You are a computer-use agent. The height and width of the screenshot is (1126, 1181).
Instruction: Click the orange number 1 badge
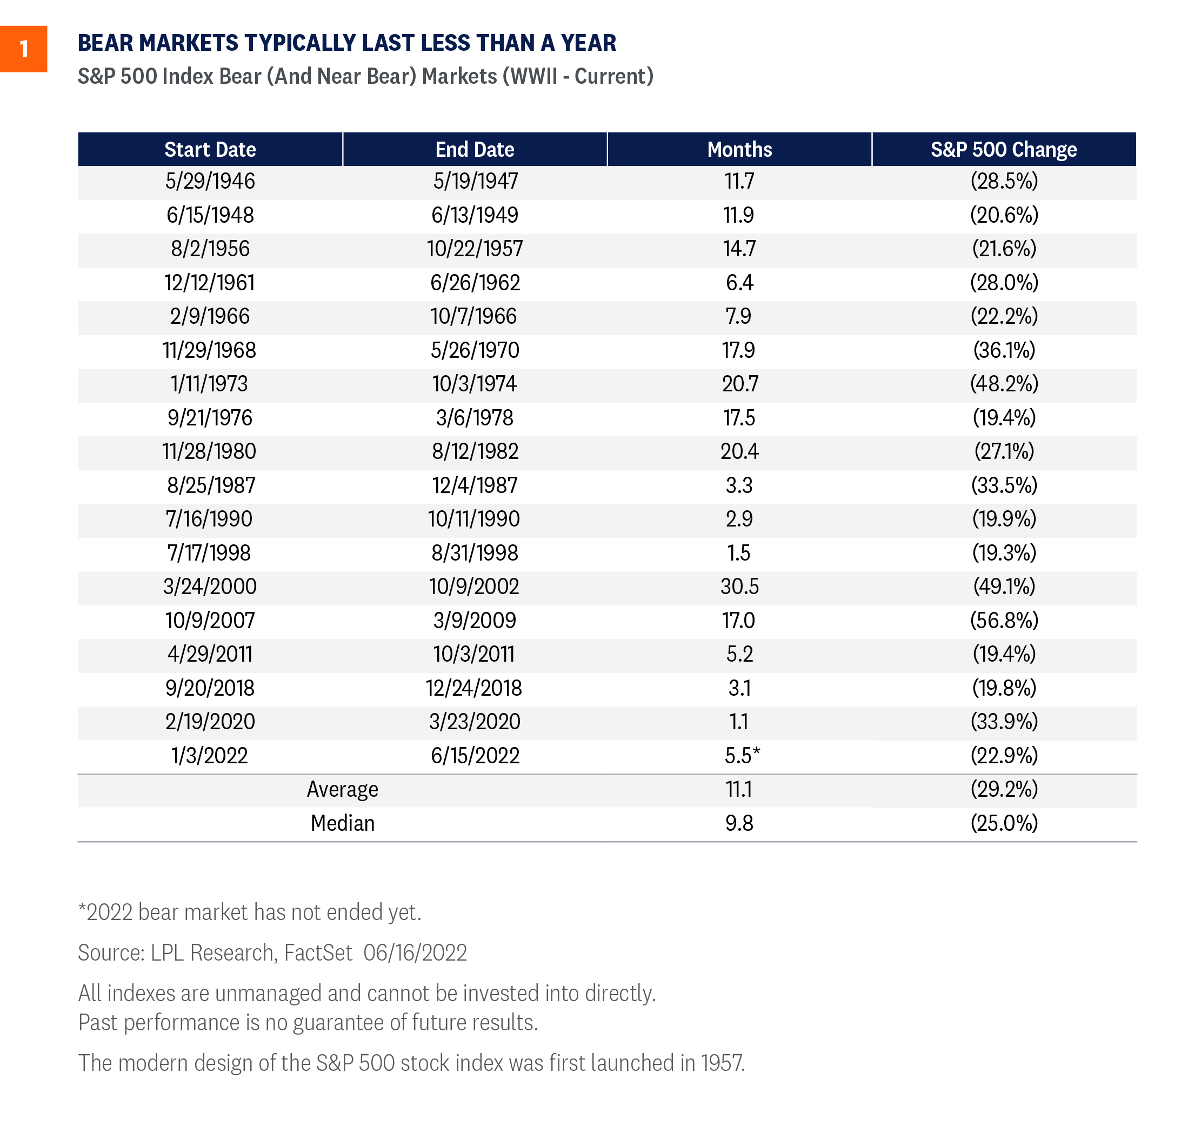[x=23, y=49]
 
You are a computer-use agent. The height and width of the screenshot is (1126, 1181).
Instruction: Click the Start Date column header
[x=210, y=149]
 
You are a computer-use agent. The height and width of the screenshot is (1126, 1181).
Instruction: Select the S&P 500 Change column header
[x=1004, y=149]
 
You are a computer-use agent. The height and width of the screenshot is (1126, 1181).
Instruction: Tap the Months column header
[x=739, y=149]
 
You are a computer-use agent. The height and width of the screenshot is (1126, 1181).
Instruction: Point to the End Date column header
[x=475, y=149]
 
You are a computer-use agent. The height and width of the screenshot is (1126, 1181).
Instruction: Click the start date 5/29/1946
[x=210, y=181]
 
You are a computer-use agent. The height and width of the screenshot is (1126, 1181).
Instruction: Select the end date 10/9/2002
[x=474, y=587]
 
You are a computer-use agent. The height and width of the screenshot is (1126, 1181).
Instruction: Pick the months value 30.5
[x=739, y=587]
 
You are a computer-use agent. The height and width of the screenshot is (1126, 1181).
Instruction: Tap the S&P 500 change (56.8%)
[x=1004, y=620]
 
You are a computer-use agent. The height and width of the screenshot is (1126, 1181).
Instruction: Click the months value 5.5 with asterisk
[x=742, y=755]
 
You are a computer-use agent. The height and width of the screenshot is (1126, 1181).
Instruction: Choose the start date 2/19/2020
[x=210, y=722]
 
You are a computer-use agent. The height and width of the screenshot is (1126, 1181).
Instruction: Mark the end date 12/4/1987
[x=475, y=485]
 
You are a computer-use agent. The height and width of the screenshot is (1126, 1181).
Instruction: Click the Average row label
[x=342, y=789]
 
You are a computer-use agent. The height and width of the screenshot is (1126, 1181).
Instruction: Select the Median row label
[x=342, y=823]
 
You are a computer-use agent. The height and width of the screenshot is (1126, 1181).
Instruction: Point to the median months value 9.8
[x=739, y=823]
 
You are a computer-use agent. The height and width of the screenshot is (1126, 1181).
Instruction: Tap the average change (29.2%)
[x=1004, y=789]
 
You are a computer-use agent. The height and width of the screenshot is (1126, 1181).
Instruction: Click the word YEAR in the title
[x=588, y=43]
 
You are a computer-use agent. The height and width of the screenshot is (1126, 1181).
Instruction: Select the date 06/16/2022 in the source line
[x=415, y=952]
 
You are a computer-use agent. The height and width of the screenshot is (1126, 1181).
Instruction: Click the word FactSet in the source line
[x=318, y=952]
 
